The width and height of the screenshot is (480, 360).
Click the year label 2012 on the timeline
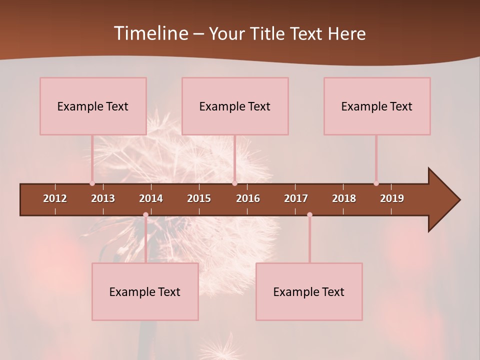(x=55, y=198)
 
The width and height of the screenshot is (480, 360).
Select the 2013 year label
(x=103, y=198)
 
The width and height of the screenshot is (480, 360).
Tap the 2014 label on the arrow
(x=151, y=198)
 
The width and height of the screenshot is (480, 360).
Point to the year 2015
(x=199, y=198)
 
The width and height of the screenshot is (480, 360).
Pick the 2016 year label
(x=248, y=198)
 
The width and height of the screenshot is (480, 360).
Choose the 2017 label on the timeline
(x=296, y=198)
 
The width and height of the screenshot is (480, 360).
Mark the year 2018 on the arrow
(x=344, y=198)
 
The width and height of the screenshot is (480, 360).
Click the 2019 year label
(x=392, y=198)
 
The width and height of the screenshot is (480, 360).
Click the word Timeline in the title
(x=150, y=33)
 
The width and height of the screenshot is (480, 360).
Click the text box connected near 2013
(x=93, y=106)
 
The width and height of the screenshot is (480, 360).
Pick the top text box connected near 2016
(x=235, y=106)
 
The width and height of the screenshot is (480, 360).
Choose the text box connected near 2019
(x=377, y=106)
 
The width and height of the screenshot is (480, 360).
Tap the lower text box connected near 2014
(x=145, y=291)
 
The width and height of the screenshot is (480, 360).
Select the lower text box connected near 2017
(x=309, y=291)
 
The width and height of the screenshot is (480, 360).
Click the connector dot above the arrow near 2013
(x=92, y=183)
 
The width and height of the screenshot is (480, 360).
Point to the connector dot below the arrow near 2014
(x=145, y=215)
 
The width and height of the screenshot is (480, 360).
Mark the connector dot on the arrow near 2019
(x=376, y=183)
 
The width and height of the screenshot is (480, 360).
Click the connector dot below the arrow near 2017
(x=309, y=215)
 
